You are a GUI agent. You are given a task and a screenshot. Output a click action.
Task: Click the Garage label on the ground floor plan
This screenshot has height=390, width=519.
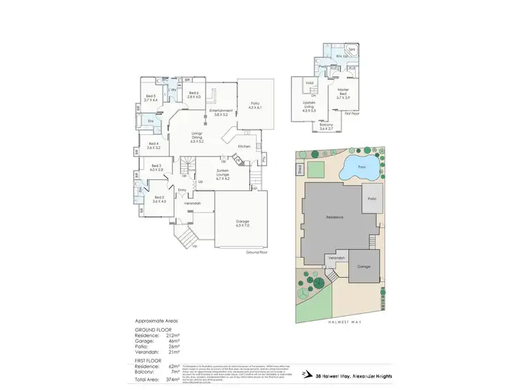tap(242, 222)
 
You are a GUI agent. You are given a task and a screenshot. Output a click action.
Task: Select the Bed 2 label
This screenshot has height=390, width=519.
tap(159, 199)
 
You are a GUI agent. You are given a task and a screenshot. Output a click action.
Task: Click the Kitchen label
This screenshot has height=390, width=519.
tap(244, 147)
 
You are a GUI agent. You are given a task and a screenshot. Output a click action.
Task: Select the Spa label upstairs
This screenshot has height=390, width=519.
tap(351, 50)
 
